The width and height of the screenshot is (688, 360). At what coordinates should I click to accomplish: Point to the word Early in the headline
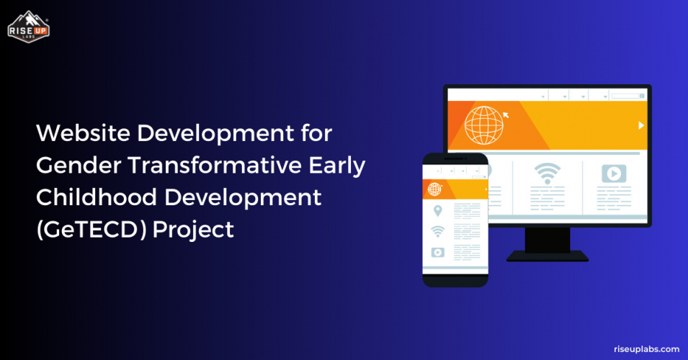point(339,166)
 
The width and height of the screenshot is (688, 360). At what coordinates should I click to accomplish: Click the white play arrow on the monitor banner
point(640,125)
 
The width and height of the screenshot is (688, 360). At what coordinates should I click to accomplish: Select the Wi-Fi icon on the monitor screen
point(547,174)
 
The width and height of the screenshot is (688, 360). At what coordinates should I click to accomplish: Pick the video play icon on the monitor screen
point(614,174)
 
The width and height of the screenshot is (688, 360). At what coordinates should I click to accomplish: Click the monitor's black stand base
point(548,256)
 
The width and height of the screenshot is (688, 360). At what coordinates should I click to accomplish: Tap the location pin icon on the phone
point(437,211)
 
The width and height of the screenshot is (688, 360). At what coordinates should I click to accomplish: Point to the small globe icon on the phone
point(434,189)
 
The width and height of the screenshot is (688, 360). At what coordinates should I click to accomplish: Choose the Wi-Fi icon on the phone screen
point(437,231)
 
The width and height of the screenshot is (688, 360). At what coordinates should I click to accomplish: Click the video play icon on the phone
point(437,252)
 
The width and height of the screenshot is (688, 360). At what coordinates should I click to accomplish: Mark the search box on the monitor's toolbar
point(626,96)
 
